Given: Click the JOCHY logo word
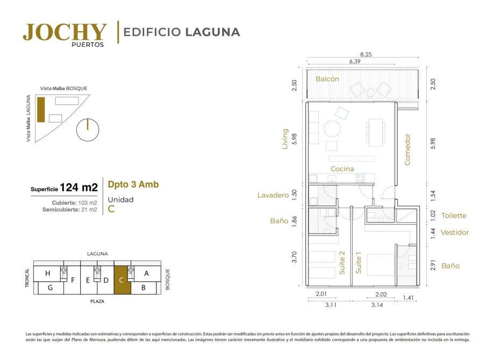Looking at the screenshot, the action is coord(65,32).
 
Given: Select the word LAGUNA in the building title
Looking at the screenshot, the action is coord(212,32).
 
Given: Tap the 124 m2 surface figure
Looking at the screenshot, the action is coord(79,188).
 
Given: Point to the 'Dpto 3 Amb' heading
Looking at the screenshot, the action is coord(133,184).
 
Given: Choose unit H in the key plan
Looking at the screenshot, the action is coord(47,273).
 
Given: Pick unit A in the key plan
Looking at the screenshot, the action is coord(146,273).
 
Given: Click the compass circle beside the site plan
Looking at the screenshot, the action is coord(88,129).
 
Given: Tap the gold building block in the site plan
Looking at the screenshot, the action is coord(41,110).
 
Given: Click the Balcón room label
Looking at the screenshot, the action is coord(327,79).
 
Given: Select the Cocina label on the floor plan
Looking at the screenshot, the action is coord(342,169).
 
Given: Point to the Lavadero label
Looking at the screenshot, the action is coord(273,195).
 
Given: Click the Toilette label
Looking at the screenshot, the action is coord(454,215).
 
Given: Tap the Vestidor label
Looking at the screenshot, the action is coord(455,233).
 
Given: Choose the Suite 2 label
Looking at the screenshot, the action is coord(342,263).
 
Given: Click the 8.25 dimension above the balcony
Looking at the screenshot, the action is coord(366,54).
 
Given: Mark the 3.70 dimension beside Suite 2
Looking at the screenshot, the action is coord(294,257).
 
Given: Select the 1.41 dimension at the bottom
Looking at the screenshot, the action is coord(408,298).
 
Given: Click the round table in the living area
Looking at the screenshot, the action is coord(332,129).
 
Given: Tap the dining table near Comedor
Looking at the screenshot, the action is coord(375,132).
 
